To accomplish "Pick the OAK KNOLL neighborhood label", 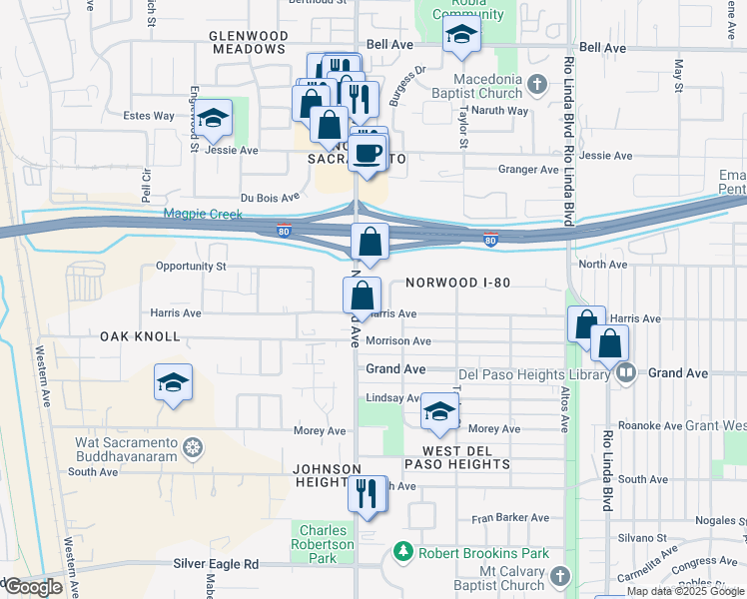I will (140, 337).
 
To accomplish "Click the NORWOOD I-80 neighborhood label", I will (458, 283).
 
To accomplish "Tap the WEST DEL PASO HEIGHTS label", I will (459, 457).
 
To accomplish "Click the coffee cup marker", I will (369, 153).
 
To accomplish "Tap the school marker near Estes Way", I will (213, 120).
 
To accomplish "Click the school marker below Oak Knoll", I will (173, 383).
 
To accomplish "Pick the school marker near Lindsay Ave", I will (439, 412).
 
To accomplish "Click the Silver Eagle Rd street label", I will (216, 564).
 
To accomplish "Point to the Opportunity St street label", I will (191, 267).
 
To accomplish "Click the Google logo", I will (33, 587).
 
